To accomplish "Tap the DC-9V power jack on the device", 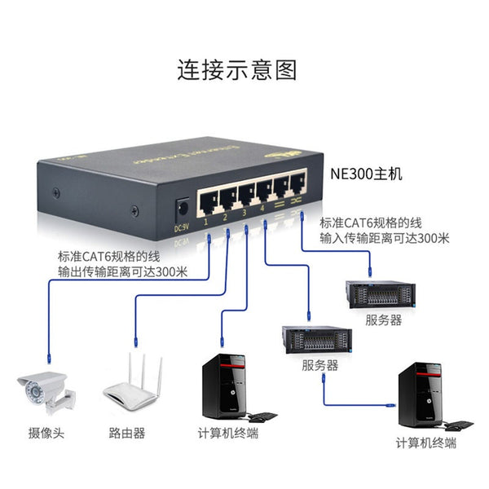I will click(x=183, y=206).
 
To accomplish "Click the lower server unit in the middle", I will click(x=317, y=339).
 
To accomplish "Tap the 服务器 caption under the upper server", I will click(x=383, y=320).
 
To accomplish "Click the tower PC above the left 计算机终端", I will click(x=224, y=387).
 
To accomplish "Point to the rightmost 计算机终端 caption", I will click(x=425, y=443).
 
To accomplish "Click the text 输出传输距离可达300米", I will click(x=122, y=271).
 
